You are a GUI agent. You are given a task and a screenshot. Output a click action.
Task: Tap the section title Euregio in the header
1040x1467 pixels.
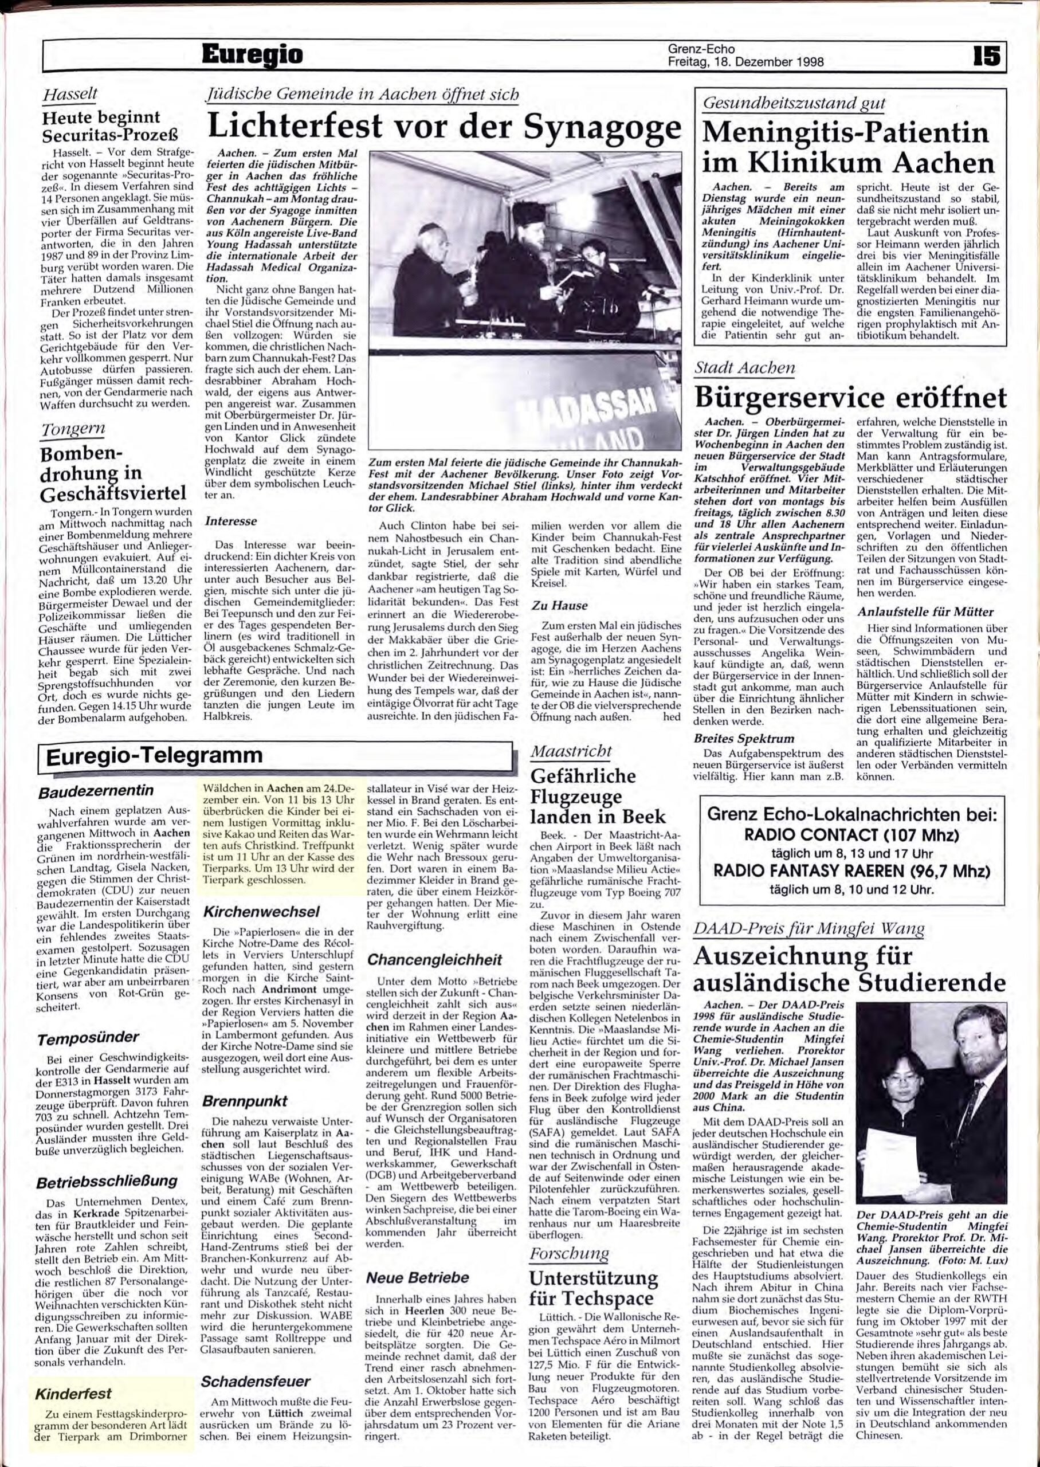(x=252, y=56)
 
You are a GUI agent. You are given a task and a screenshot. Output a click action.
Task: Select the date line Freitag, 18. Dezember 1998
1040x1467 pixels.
(x=745, y=62)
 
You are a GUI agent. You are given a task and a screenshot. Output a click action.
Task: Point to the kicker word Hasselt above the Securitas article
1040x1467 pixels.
(x=69, y=94)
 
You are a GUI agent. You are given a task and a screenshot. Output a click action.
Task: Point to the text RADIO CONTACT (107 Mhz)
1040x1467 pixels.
(x=851, y=836)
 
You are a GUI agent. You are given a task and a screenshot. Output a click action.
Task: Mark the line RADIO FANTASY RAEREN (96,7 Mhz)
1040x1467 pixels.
(x=851, y=872)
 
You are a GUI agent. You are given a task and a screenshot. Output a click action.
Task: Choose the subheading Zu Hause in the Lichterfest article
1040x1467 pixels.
(x=559, y=605)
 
